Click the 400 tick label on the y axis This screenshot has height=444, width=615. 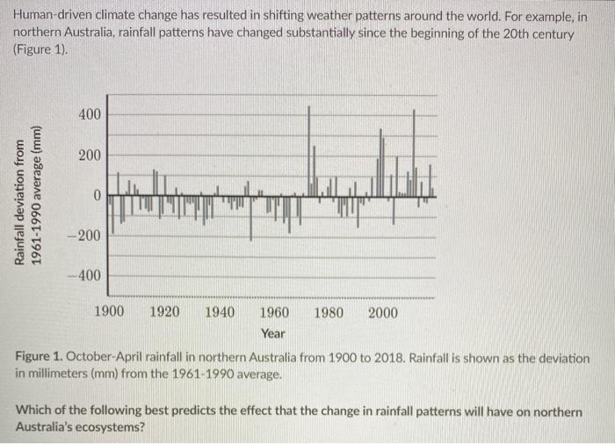pos(90,115)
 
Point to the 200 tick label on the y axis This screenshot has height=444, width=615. pos(90,156)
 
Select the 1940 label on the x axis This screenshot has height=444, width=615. pos(219,312)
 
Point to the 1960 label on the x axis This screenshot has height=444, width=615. pos(274,312)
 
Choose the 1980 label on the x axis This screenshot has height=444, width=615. pos(329,312)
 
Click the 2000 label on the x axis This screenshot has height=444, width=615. pos(383,312)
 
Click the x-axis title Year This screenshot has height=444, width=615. pos(273,333)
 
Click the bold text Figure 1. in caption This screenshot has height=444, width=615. pos(41,360)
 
